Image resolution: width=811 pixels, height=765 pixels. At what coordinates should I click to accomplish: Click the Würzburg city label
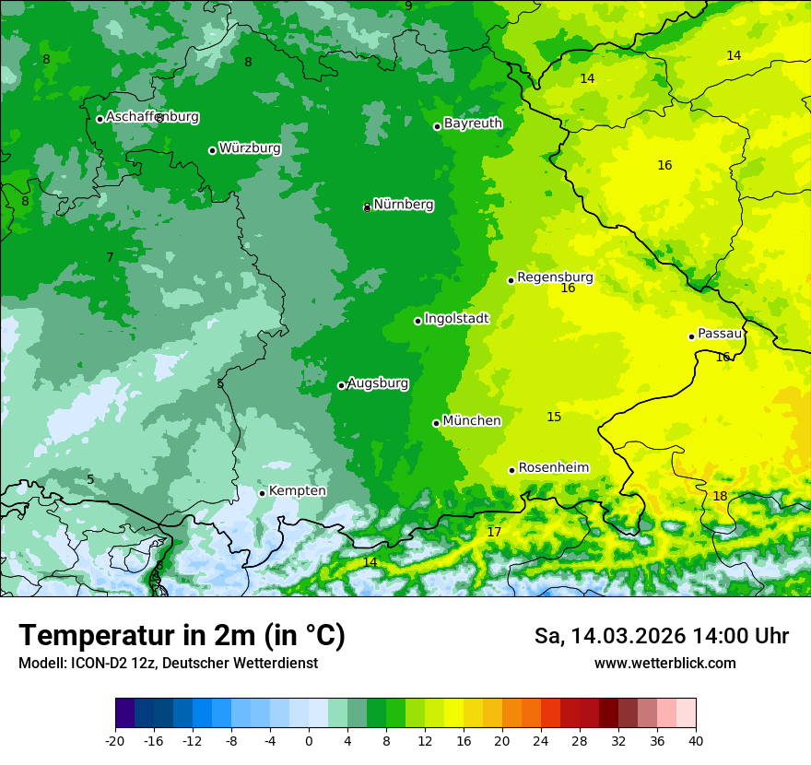[x=250, y=148]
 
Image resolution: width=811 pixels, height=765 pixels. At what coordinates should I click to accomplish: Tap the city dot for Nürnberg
[x=367, y=207]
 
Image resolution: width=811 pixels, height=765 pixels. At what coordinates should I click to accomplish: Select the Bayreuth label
[x=473, y=124]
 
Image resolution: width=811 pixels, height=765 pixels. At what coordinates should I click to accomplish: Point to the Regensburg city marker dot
[x=511, y=280]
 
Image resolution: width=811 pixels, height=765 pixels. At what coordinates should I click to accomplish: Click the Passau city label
[x=720, y=334]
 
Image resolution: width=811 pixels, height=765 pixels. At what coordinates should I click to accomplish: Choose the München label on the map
[x=472, y=421]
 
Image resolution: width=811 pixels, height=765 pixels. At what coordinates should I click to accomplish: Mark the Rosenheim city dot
[x=512, y=470]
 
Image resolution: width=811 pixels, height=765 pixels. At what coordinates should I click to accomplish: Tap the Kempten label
[x=297, y=491]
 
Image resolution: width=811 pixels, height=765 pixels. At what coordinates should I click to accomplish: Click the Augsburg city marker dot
[x=341, y=385]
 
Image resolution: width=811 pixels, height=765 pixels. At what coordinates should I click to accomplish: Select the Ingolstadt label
[x=456, y=319]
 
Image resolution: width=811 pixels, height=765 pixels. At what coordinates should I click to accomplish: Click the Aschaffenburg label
[x=152, y=117]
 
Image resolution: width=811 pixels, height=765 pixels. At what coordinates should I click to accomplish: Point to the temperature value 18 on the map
[x=720, y=496]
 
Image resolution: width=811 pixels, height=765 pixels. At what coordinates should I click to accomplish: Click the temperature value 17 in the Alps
[x=494, y=532]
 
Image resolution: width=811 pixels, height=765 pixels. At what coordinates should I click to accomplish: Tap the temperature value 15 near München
[x=554, y=417]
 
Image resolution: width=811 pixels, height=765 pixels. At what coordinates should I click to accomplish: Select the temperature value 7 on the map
[x=110, y=257]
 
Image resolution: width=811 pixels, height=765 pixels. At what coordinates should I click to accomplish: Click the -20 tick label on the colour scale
[x=114, y=740]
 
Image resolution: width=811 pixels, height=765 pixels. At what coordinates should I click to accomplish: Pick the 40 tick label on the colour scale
[x=696, y=740]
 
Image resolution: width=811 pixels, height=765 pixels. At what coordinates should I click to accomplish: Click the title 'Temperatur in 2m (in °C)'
[x=182, y=635]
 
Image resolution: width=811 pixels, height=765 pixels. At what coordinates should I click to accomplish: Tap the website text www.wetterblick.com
[x=664, y=663]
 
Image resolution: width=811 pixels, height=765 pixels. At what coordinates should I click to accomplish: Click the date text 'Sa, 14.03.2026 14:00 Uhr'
[x=661, y=636]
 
